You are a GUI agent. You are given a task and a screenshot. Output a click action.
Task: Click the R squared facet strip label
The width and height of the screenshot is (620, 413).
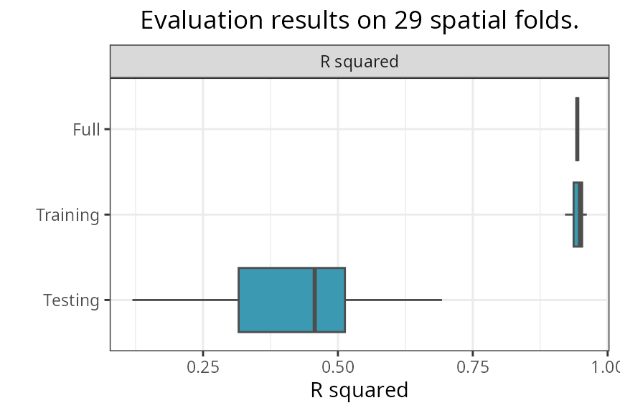click(x=359, y=62)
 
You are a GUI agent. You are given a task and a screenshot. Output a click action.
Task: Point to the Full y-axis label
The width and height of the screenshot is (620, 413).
click(x=86, y=130)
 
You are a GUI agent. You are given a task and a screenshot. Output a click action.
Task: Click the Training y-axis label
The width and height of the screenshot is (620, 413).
click(x=67, y=215)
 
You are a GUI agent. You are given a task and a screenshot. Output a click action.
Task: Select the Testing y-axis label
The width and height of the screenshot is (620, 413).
click(x=71, y=300)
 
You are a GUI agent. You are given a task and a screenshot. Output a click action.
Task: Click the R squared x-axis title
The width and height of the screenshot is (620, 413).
click(x=359, y=391)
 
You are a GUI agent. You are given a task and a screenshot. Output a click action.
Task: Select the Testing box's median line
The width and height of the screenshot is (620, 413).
click(x=314, y=300)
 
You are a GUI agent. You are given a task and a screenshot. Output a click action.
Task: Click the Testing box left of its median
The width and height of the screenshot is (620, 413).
click(x=276, y=300)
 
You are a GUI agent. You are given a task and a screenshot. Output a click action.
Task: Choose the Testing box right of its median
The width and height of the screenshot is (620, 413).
click(x=331, y=300)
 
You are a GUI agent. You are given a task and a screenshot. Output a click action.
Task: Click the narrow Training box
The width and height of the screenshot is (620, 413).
click(x=578, y=214)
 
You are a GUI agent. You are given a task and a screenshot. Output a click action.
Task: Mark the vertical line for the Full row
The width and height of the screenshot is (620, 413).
click(x=577, y=129)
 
